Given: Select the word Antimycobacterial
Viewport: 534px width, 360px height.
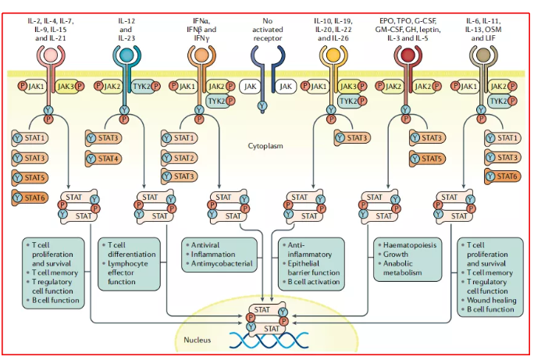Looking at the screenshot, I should pos(221,264).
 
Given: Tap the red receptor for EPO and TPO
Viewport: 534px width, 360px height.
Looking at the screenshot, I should pos(405,59).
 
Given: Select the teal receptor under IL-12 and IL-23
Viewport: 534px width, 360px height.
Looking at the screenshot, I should pos(126,59).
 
